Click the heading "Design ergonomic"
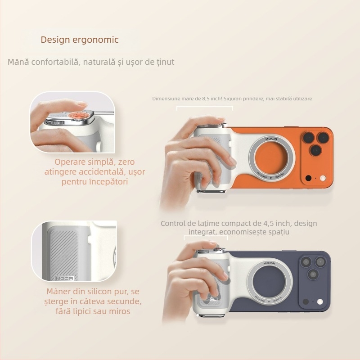point(80,40)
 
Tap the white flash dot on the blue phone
point(320,301)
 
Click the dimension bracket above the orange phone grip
point(205,107)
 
